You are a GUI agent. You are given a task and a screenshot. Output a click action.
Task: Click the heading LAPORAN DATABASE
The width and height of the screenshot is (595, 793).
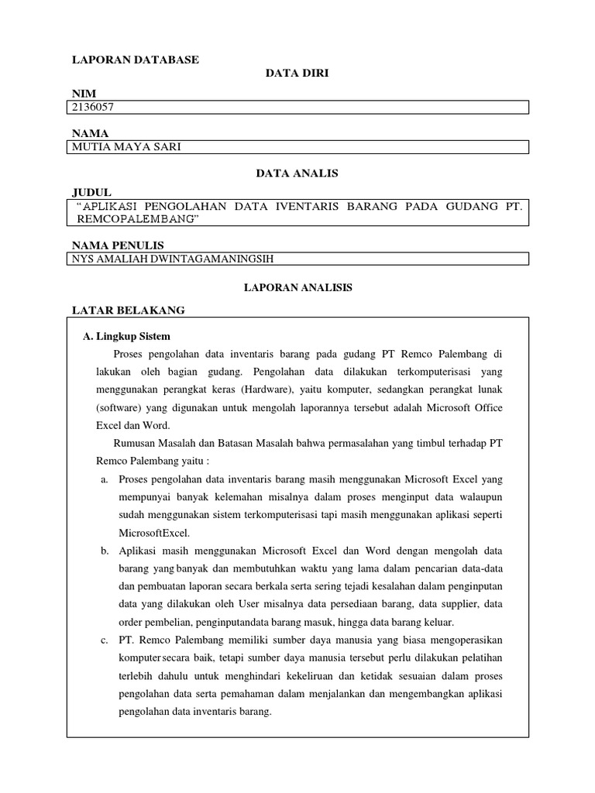[136, 60]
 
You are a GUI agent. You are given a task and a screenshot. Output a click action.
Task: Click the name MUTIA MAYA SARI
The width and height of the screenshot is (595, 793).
[126, 147]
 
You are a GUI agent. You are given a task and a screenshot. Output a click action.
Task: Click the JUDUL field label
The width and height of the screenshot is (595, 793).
[92, 191]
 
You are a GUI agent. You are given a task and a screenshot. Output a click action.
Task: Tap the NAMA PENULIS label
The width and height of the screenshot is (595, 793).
[118, 245]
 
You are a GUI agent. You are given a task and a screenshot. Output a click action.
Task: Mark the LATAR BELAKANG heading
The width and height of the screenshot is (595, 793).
[129, 310]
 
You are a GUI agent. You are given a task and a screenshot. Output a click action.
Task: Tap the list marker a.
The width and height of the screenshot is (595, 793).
[104, 479]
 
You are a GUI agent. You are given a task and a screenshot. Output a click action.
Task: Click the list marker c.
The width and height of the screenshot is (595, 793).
[104, 640]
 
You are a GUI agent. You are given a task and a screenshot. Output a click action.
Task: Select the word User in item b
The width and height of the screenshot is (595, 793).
[256, 604]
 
